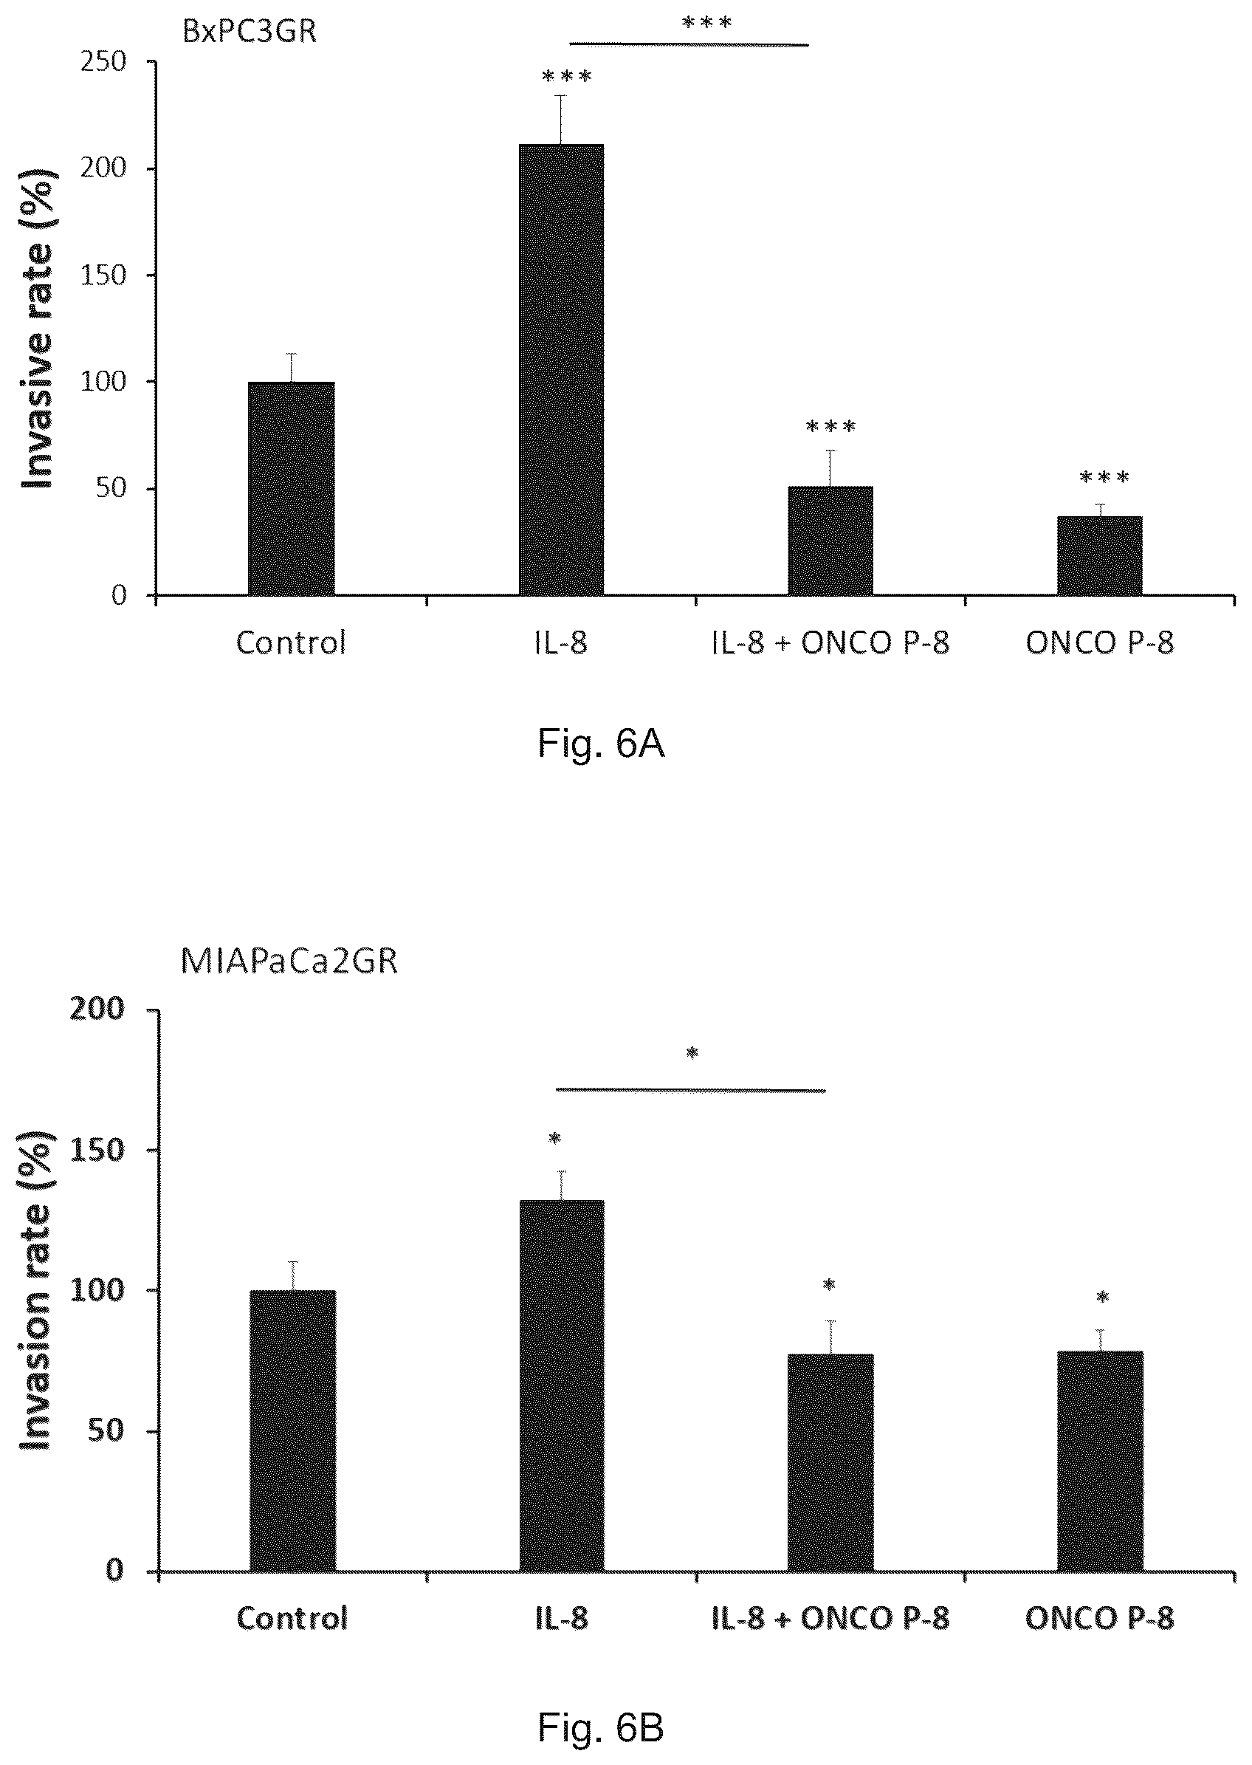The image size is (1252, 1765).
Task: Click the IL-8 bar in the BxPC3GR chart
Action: [x=561, y=369]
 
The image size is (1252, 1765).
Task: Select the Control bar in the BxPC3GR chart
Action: [x=292, y=488]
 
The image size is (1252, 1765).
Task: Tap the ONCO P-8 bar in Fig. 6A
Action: [x=1099, y=555]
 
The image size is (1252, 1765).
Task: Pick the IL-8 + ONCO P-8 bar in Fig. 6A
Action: [x=830, y=541]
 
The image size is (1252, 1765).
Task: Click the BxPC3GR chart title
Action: [x=249, y=32]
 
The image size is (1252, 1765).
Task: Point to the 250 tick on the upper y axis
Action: [x=103, y=62]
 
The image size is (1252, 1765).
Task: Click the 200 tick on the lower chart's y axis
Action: [x=98, y=1010]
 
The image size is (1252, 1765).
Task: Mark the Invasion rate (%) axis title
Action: [x=35, y=1290]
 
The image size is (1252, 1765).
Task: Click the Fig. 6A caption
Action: [x=602, y=744]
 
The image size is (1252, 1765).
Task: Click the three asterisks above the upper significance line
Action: [x=707, y=22]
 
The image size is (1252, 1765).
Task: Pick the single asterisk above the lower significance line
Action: [x=692, y=1053]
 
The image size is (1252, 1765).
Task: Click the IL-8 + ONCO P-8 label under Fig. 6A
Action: [x=830, y=642]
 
